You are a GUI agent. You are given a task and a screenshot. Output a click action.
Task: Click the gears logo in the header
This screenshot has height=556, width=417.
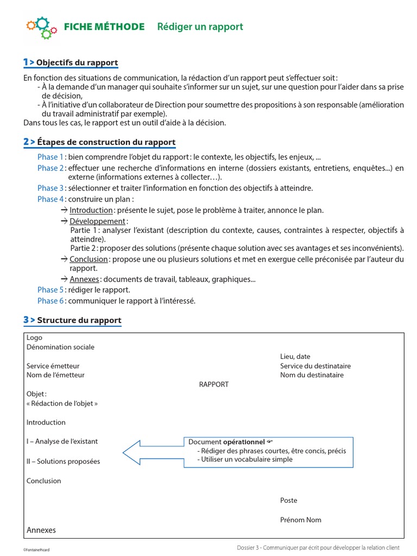click(x=41, y=27)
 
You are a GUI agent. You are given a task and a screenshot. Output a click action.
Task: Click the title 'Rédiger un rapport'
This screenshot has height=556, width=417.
click(x=200, y=27)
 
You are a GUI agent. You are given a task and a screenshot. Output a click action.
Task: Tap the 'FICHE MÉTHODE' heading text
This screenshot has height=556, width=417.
click(x=104, y=27)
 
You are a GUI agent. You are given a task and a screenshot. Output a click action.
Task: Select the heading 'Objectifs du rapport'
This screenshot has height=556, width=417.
click(x=77, y=62)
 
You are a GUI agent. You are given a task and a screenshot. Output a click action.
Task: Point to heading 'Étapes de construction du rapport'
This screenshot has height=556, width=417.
click(x=106, y=142)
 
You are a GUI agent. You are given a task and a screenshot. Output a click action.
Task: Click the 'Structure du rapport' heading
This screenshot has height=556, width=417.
click(x=79, y=320)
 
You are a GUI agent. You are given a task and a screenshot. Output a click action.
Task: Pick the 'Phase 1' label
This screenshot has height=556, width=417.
click(x=50, y=157)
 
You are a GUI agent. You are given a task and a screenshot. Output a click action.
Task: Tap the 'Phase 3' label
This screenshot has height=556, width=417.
click(x=50, y=188)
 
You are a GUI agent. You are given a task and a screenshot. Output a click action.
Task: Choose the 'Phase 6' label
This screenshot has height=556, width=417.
click(x=50, y=300)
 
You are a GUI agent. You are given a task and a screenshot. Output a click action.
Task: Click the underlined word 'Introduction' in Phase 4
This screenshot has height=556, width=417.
click(x=91, y=210)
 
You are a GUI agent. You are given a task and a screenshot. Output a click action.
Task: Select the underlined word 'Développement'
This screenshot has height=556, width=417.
click(x=97, y=222)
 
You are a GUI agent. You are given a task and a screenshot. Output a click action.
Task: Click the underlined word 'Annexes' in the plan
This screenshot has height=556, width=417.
click(x=84, y=279)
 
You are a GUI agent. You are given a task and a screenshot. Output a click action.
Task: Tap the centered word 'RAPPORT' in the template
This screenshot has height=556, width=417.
click(x=214, y=384)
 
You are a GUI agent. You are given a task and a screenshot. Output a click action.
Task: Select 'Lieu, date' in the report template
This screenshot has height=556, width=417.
click(x=295, y=357)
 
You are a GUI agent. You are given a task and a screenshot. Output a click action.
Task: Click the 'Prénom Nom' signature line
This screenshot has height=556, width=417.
click(x=301, y=520)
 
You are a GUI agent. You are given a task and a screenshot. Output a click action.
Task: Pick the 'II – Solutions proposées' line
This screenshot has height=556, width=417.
click(x=63, y=462)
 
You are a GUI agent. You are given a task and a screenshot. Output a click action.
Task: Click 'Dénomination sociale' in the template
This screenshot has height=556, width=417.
click(x=60, y=347)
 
